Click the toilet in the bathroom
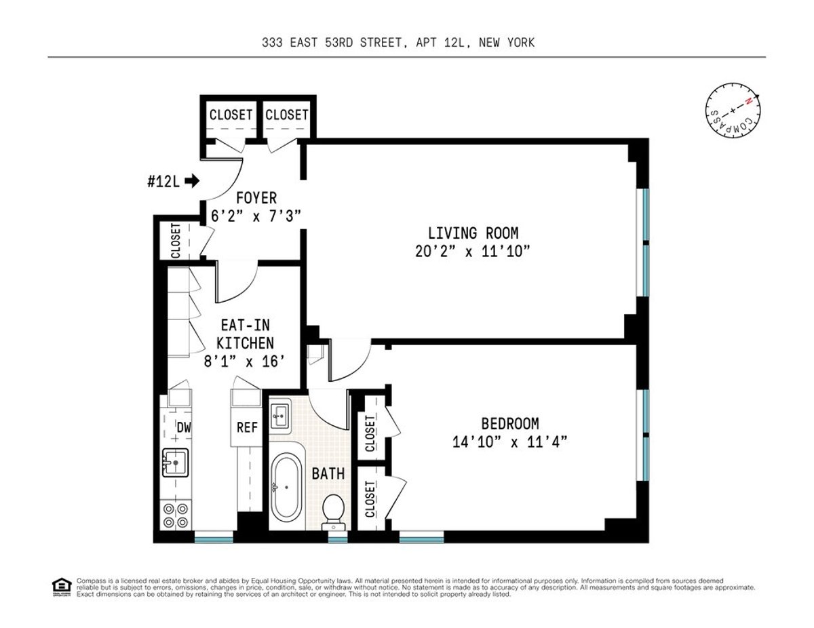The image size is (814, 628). coord(333,510)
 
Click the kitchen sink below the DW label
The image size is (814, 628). coord(175,464)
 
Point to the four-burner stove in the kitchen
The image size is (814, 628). coord(175,515)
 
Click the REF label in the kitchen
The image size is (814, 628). coord(247,428)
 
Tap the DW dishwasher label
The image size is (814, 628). coord(183,427)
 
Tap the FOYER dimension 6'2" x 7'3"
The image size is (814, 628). coord(256,215)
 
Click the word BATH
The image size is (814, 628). coord(328,473)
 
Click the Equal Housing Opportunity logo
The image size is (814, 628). coord(62,587)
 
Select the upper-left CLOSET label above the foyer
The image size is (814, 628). coord(231,115)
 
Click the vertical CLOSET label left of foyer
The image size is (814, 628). coord(176,241)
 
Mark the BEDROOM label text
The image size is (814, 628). coord(510,424)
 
